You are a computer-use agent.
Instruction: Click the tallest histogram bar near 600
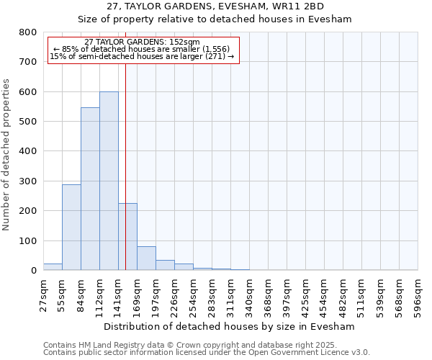tap(109, 181)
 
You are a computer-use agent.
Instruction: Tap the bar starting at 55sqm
tap(71, 228)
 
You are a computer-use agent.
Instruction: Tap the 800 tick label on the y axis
tap(27, 32)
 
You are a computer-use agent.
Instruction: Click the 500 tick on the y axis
tap(27, 122)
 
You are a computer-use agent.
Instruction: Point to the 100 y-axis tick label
tap(27, 240)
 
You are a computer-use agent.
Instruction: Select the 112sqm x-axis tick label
tap(99, 295)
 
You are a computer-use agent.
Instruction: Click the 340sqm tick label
tap(249, 295)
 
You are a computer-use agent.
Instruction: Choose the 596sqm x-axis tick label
tap(418, 295)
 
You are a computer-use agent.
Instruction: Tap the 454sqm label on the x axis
tap(324, 295)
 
